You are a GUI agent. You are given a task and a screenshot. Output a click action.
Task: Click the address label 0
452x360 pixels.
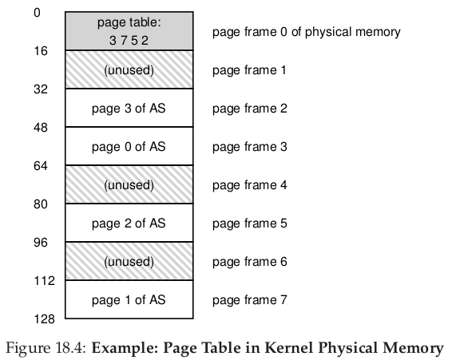coord(37,13)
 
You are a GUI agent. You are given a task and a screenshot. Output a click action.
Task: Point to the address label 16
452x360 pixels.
coord(41,51)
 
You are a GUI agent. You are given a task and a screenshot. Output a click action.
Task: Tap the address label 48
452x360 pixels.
coord(41,128)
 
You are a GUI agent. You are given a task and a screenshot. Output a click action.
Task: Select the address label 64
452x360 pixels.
coord(41,166)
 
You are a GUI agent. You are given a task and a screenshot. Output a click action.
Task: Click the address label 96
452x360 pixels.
coord(41,243)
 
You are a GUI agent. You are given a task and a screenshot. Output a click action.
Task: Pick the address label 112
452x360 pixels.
coord(44,281)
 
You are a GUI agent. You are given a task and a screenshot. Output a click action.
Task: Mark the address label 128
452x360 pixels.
coord(44,319)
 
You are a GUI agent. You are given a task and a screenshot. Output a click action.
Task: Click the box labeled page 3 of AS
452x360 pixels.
coord(129,108)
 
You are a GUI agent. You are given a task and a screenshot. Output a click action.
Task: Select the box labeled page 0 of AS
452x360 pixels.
coord(129,146)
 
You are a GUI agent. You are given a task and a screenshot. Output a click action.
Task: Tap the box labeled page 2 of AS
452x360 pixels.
coord(129,223)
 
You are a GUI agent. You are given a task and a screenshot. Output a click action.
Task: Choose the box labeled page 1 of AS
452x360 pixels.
coord(129,299)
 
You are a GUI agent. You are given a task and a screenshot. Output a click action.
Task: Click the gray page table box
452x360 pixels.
coord(129,31)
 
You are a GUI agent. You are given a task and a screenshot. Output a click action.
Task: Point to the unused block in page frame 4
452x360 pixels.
coord(129,184)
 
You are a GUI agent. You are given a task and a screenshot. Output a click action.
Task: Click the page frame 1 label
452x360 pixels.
coord(249,70)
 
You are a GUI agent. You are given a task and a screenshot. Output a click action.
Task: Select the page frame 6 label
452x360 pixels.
coord(250,262)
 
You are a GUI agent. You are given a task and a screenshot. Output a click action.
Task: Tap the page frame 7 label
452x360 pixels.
coord(250,300)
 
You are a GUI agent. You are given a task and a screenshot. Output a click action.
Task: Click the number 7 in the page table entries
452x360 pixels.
coord(124,41)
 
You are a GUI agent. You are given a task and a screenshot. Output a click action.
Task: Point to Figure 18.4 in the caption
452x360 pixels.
coord(46,348)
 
